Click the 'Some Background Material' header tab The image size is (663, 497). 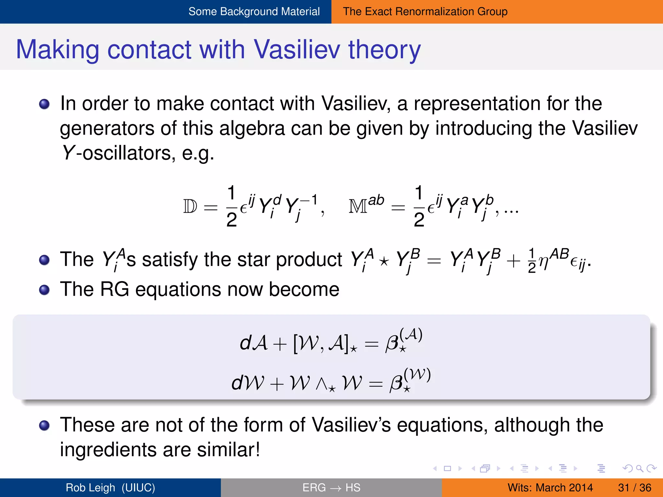[254, 12]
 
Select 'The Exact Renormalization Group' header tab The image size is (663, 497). [425, 12]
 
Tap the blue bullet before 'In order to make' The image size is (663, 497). [44, 104]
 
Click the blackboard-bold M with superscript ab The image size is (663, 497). [366, 205]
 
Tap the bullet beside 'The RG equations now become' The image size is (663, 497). [44, 290]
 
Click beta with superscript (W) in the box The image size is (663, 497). [409, 381]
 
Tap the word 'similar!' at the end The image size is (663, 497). [228, 450]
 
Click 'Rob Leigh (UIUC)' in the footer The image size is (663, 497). [110, 488]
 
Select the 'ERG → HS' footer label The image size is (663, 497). [331, 488]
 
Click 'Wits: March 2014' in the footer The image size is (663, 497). [550, 488]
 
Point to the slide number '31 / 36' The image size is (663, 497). [634, 488]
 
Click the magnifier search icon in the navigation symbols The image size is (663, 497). [639, 468]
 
